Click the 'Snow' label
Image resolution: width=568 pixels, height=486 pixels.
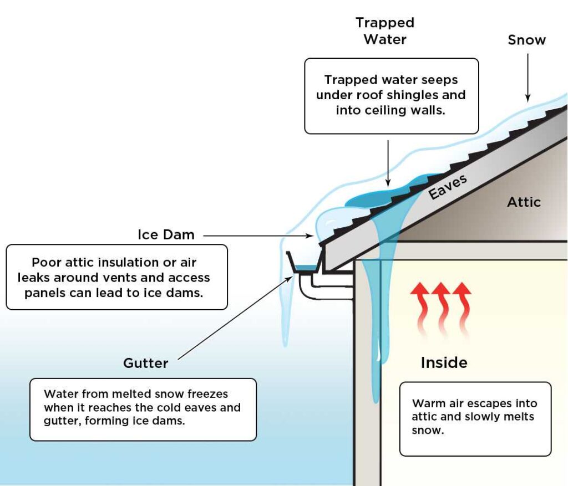[x=526, y=40]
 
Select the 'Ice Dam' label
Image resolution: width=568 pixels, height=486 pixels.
[x=166, y=234]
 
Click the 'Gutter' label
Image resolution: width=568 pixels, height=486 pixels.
[x=145, y=364]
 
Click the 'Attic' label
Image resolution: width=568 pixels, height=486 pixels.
[x=523, y=202]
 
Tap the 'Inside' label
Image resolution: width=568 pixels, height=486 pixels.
[x=444, y=363]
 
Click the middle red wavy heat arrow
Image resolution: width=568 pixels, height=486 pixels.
[x=442, y=310]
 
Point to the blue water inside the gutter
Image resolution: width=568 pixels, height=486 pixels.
[x=303, y=269]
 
